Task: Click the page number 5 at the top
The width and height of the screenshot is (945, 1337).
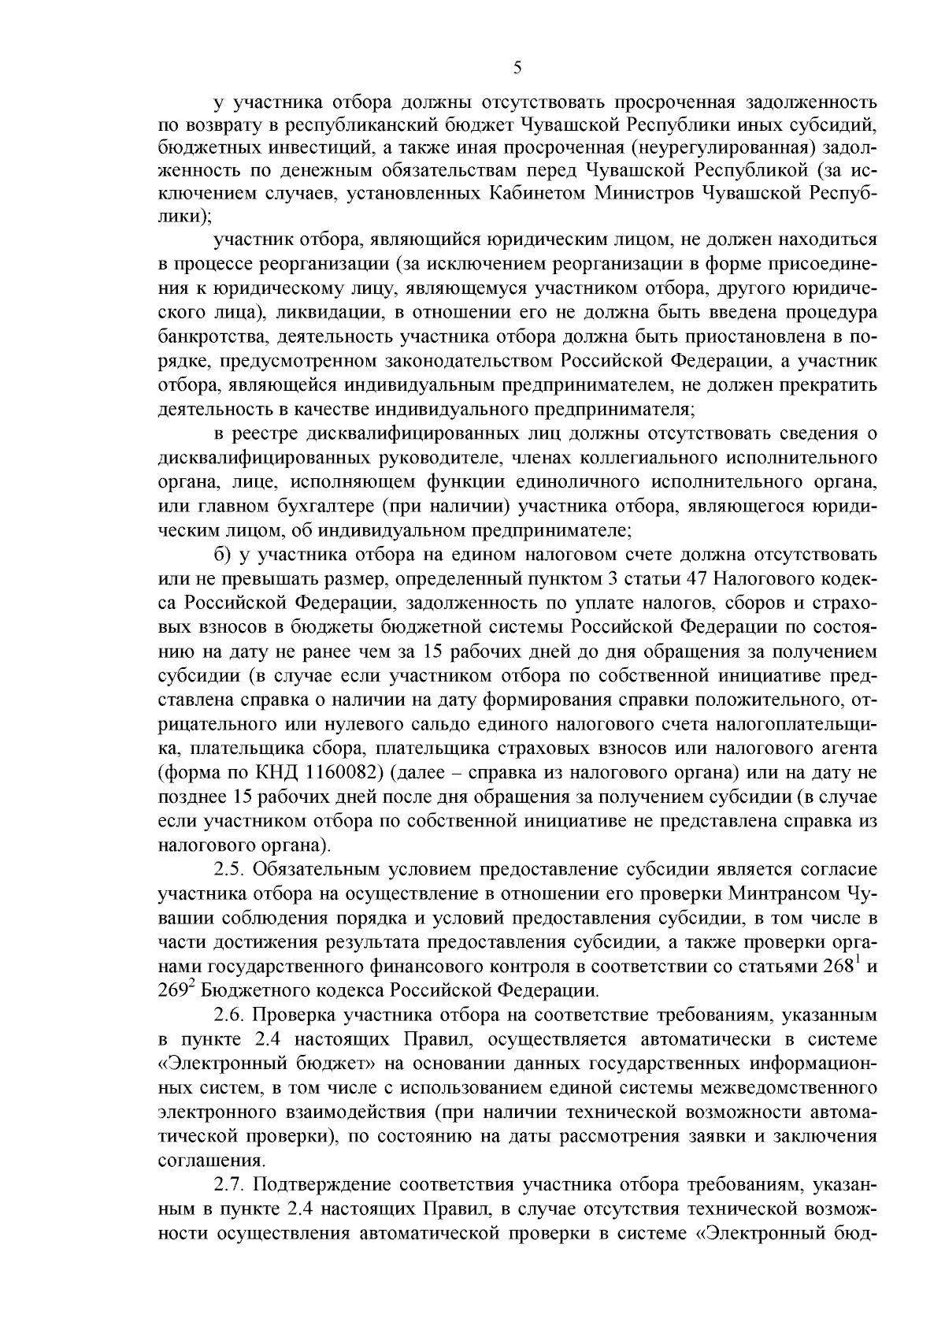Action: (517, 68)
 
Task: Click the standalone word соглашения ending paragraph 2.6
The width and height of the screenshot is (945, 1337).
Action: (211, 1161)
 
